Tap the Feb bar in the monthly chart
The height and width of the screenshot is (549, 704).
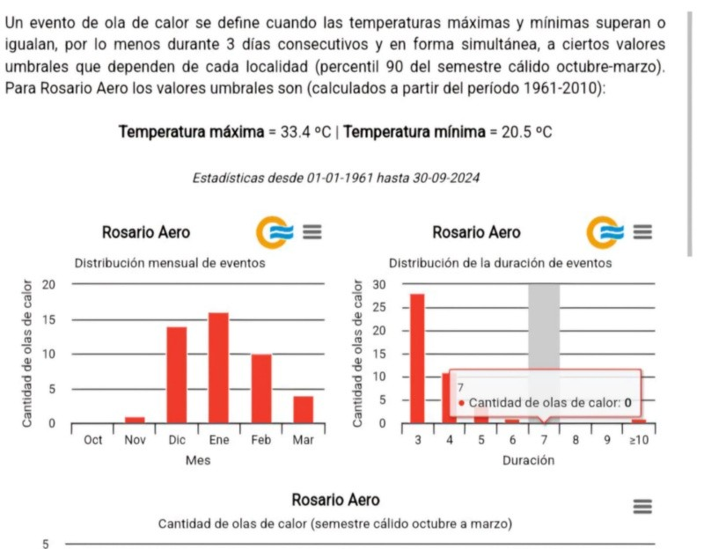tap(261, 388)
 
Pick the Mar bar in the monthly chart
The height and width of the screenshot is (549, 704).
tap(303, 409)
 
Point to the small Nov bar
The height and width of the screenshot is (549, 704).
tap(134, 420)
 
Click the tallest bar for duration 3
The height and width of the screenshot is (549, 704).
tap(417, 358)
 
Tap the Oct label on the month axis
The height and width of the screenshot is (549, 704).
tap(92, 440)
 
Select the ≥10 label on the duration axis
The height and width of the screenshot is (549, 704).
tap(639, 440)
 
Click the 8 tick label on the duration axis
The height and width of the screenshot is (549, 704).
tap(576, 440)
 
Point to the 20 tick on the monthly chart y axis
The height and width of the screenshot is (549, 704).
tap(49, 284)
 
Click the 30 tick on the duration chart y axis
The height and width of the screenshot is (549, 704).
tap(380, 284)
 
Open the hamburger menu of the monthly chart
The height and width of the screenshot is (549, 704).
tap(312, 232)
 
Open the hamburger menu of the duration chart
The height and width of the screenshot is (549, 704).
tap(642, 232)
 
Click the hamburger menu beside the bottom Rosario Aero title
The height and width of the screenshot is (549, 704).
tap(642, 506)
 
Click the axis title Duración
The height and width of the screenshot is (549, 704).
tap(528, 460)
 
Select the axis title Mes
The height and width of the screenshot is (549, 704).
tap(197, 460)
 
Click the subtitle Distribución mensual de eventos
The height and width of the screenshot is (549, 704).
tap(169, 262)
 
